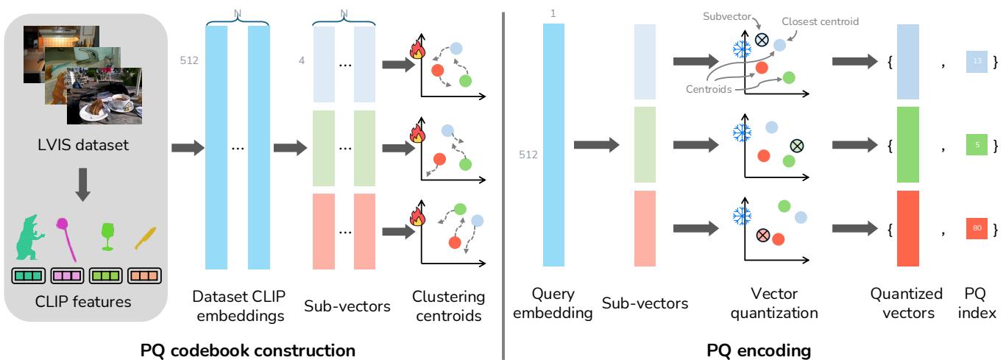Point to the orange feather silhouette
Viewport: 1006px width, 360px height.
click(142, 240)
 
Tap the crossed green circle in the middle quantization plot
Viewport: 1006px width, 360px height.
click(796, 146)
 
